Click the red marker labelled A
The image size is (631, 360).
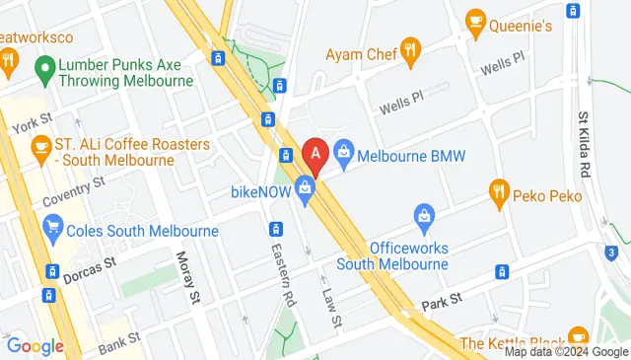[315, 154]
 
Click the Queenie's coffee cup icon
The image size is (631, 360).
[475, 20]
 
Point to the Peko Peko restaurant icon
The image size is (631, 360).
[499, 189]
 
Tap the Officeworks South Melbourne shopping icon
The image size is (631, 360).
[424, 214]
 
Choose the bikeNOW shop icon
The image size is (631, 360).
[306, 187]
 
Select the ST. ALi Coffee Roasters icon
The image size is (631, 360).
[40, 147]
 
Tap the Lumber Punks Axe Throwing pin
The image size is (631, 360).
[42, 68]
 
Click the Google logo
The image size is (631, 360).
[35, 346]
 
